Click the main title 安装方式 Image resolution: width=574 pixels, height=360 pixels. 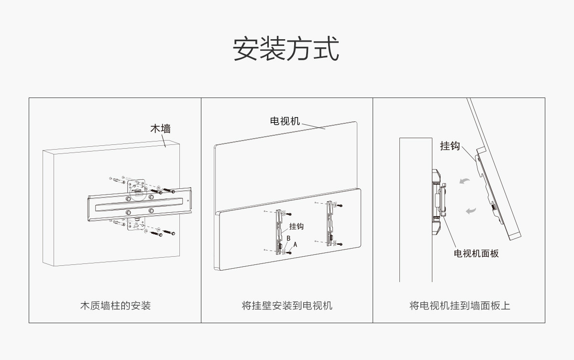(286, 49)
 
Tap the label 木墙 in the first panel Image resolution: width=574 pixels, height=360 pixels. (160, 129)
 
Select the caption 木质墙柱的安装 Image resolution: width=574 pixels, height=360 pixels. (115, 305)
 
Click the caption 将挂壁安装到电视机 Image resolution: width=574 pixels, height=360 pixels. (287, 305)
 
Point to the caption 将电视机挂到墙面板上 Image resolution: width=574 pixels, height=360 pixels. (459, 305)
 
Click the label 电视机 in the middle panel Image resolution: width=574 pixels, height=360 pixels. (285, 121)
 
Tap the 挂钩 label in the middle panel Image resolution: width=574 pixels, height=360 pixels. (296, 226)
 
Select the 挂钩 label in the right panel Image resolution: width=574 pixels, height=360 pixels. (450, 146)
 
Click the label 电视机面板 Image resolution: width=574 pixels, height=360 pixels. (476, 253)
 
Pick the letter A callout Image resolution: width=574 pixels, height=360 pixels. (295, 244)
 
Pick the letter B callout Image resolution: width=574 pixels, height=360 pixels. (288, 238)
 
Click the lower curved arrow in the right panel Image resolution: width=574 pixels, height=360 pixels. (471, 210)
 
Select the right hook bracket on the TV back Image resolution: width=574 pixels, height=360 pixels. (330, 223)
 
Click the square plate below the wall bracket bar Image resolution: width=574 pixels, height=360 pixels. (136, 224)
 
